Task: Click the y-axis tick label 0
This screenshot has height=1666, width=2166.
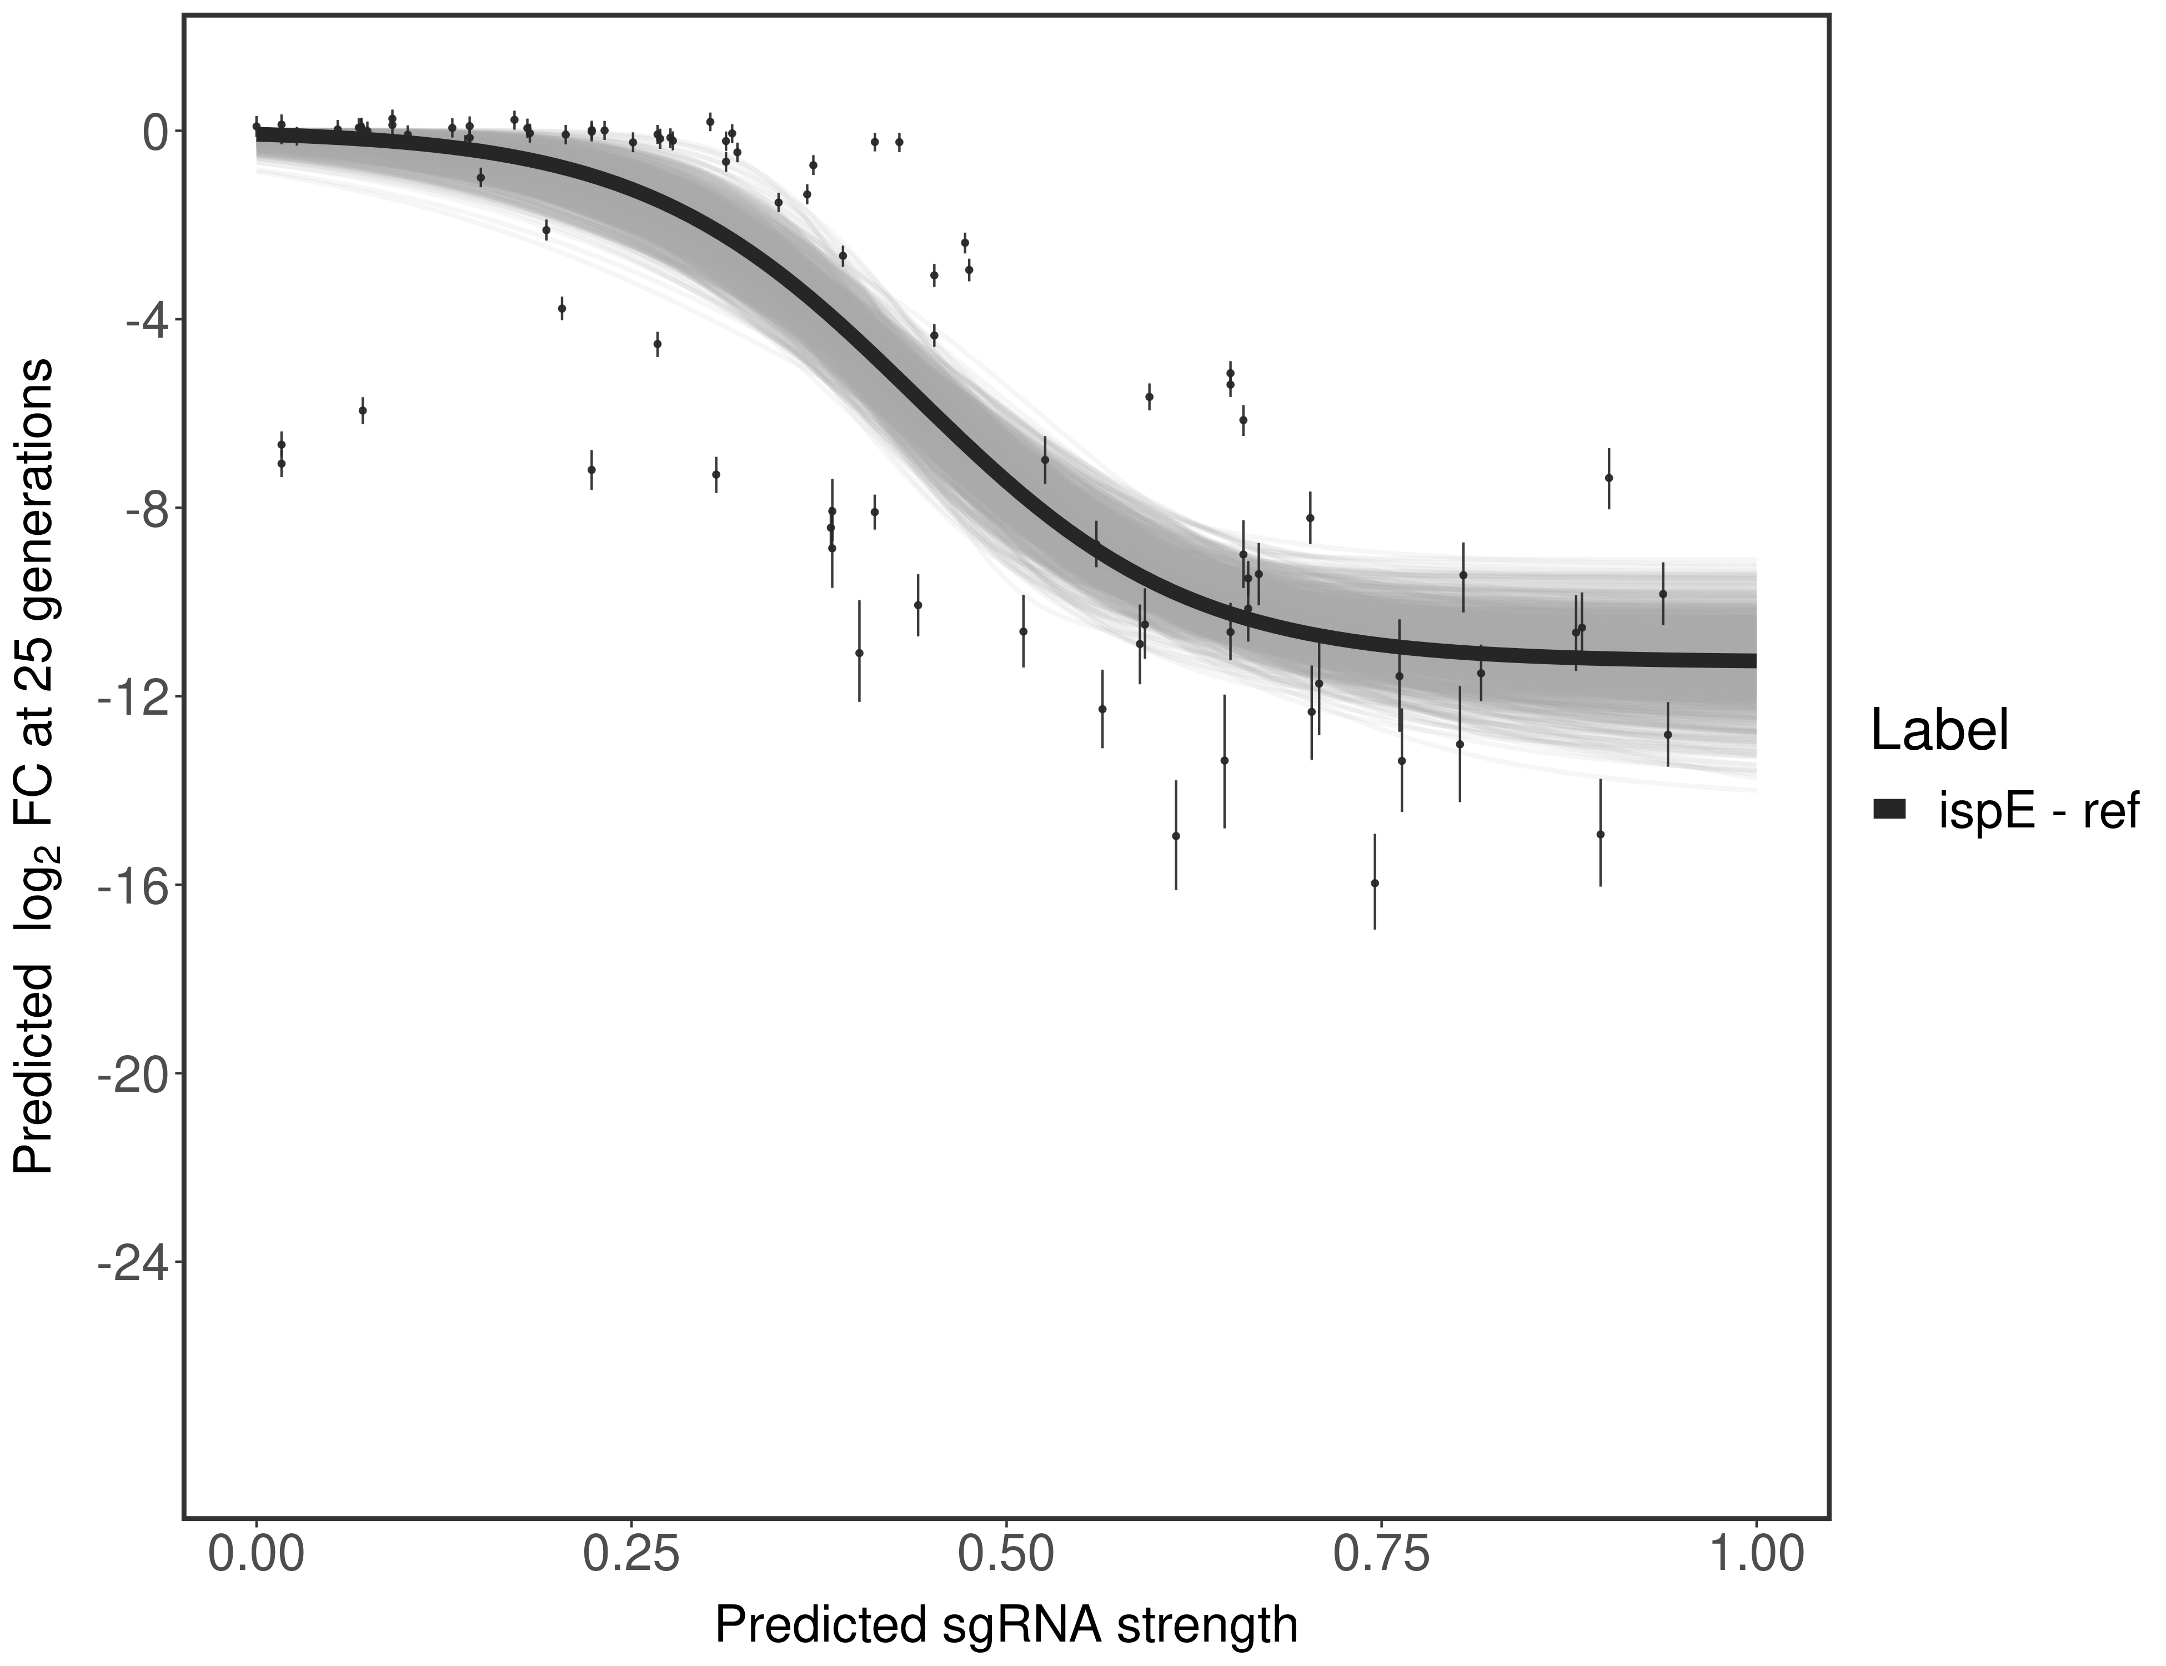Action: click(x=155, y=132)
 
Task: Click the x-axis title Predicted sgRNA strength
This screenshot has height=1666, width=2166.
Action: click(x=1006, y=1627)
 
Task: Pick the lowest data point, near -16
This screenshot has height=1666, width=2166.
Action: click(x=1375, y=882)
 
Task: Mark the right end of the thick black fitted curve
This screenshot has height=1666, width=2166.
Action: click(x=1753, y=660)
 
